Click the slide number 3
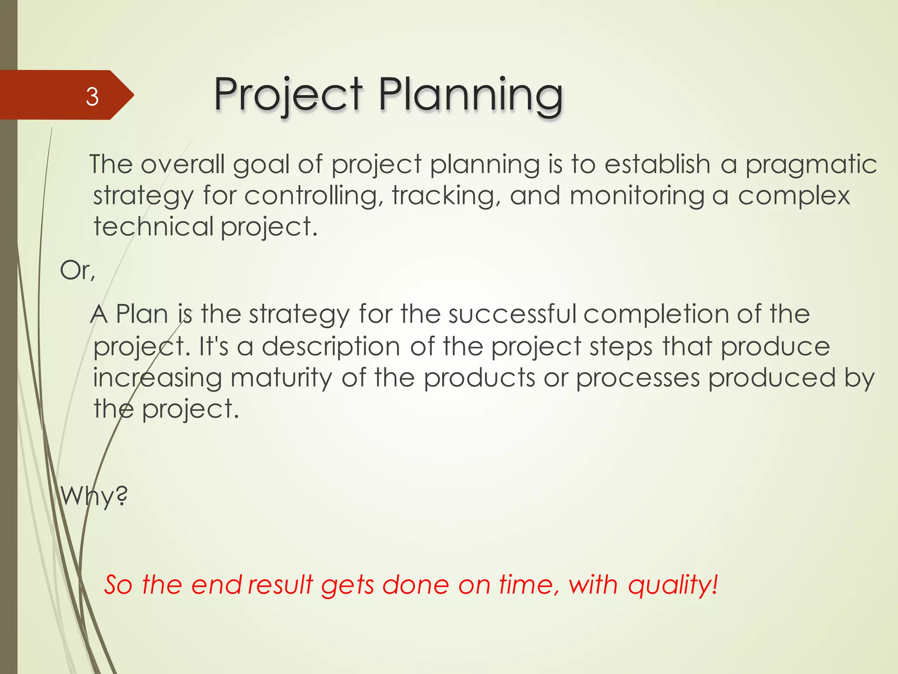(92, 97)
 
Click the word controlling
(311, 196)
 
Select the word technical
(153, 227)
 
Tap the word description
(331, 347)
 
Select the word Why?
(94, 497)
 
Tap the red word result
(281, 585)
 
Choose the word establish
(657, 165)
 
